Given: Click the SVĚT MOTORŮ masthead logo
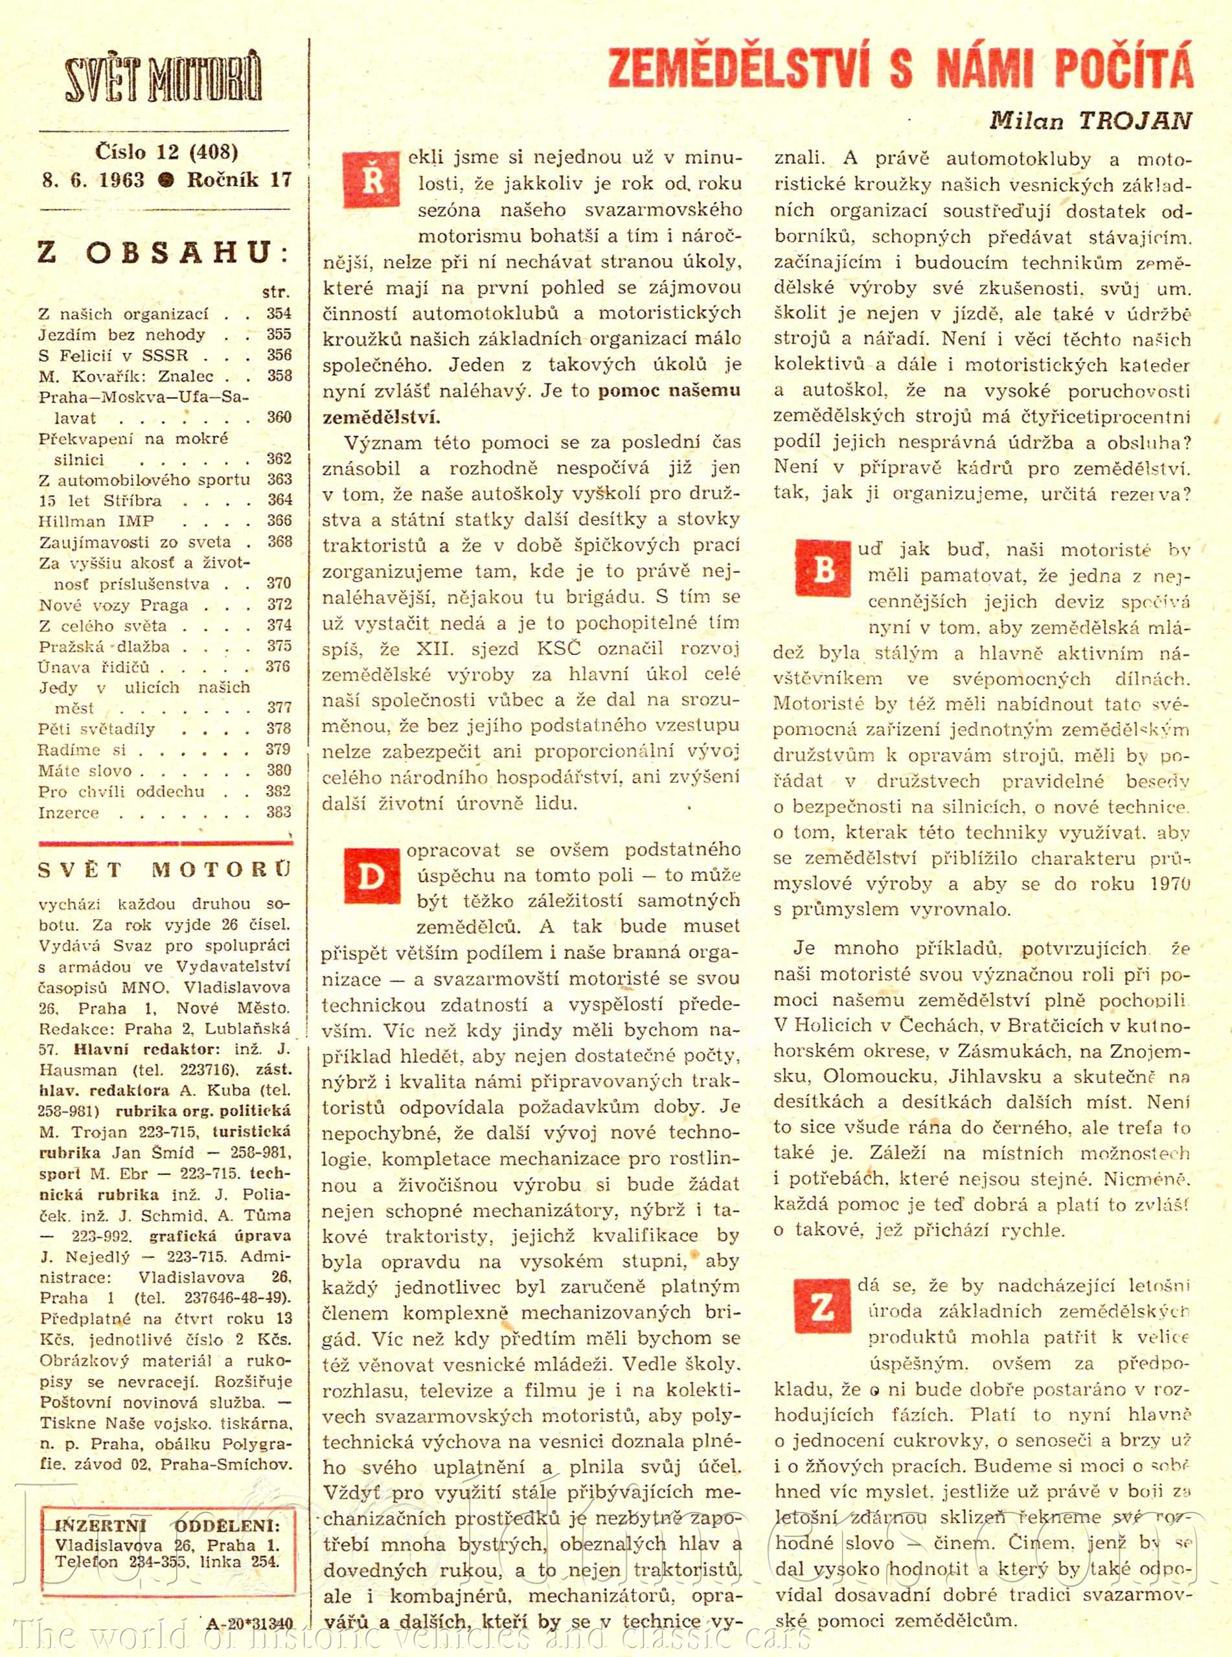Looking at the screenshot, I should (163, 79).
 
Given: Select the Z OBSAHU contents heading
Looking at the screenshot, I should (163, 252).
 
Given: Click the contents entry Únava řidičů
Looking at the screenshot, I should (94, 667).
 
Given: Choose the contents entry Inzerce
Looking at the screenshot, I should (69, 812).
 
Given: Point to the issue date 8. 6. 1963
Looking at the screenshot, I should (93, 179).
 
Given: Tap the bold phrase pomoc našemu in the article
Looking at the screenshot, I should (669, 390).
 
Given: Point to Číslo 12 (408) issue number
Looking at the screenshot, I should (166, 152).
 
